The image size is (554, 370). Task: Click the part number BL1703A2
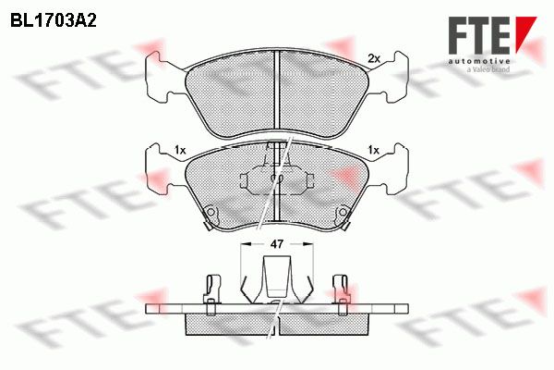tap(54, 21)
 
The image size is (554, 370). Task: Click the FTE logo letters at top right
tap(479, 35)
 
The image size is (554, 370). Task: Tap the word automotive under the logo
tap(479, 61)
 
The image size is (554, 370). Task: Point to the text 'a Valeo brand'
tap(488, 69)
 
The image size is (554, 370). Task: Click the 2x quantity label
tap(373, 59)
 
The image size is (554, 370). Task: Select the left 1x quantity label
tap(179, 151)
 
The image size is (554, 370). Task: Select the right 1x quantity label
tap(373, 151)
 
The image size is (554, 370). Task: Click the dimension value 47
tap(277, 244)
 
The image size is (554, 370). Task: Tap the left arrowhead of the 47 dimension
tap(246, 244)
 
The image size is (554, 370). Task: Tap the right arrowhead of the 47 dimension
tap(308, 244)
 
